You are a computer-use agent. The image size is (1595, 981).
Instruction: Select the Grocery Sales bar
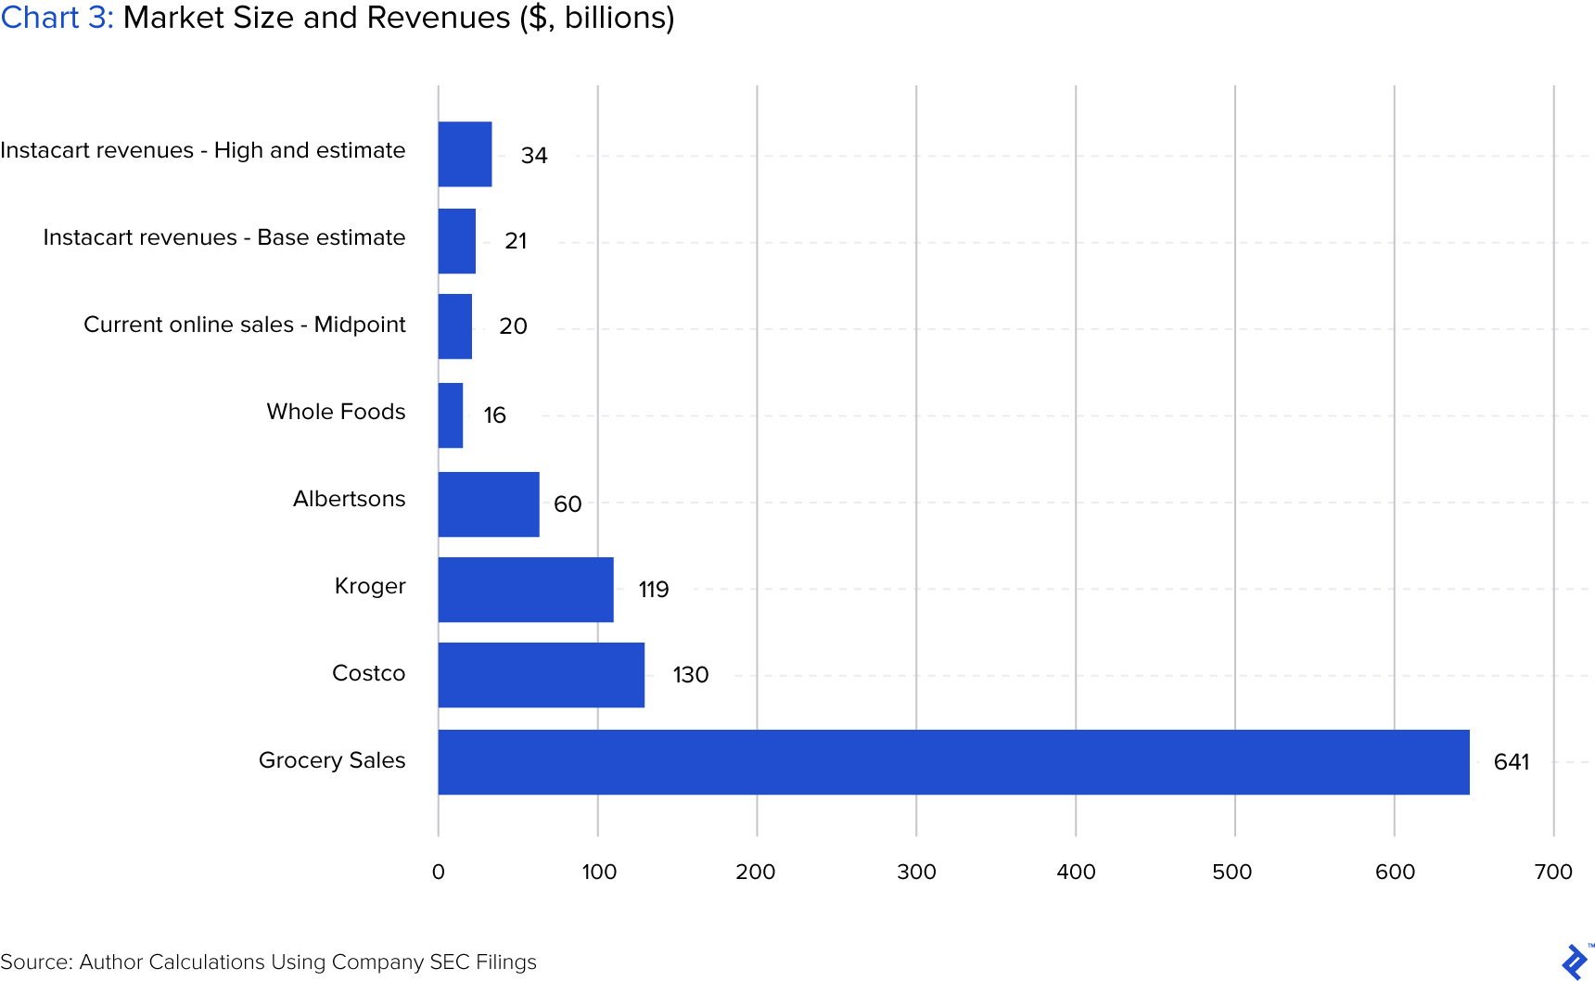pos(953,762)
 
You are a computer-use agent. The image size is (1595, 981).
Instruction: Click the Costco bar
pos(542,675)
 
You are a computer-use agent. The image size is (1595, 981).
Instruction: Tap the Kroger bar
pos(526,590)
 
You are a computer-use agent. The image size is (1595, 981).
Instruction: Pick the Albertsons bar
pos(489,504)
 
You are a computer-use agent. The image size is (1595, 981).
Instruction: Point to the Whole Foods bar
pos(451,415)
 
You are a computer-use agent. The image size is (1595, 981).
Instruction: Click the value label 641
pos(1512,762)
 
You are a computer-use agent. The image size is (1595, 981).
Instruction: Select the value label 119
pos(654,590)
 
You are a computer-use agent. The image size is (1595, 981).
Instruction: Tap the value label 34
pos(534,156)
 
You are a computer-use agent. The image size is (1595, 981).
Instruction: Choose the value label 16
pos(494,415)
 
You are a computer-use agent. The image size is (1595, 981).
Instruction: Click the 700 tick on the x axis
pos(1553,872)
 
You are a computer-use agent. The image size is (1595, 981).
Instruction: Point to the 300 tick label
pos(916,872)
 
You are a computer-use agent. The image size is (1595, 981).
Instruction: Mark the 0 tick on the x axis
pos(439,872)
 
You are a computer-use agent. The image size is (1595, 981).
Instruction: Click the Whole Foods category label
pos(336,412)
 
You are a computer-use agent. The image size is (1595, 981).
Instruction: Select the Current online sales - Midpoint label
pos(245,325)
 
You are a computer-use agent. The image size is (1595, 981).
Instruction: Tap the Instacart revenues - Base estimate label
pos(224,237)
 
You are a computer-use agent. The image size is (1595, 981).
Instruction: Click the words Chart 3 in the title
pos(56,18)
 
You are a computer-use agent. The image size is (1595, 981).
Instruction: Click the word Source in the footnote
pos(35,962)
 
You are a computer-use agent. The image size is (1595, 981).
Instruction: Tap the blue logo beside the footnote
pos(1575,962)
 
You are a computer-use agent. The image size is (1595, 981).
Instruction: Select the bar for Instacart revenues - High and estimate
pos(466,154)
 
